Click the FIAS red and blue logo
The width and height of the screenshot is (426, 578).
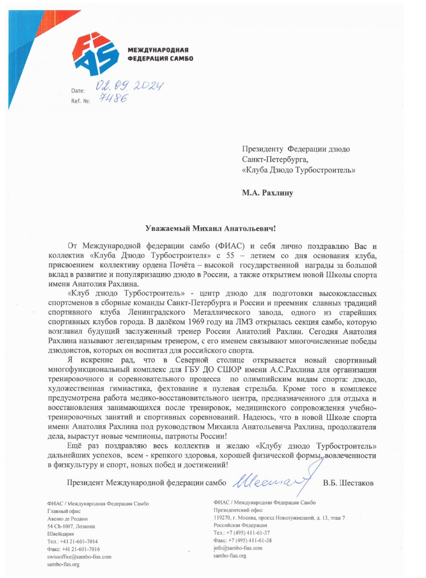[95, 54]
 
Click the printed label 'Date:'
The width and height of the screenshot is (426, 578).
[78, 91]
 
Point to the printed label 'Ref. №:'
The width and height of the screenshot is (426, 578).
[80, 101]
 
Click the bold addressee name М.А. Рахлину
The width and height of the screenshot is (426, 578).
[267, 193]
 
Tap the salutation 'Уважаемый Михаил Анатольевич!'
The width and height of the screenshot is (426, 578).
[211, 228]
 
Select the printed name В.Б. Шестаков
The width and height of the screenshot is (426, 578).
[348, 483]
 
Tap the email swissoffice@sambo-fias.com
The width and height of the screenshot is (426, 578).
[79, 557]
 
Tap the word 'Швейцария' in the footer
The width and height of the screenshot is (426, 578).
[61, 534]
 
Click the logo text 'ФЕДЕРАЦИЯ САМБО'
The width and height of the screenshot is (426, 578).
[160, 59]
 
